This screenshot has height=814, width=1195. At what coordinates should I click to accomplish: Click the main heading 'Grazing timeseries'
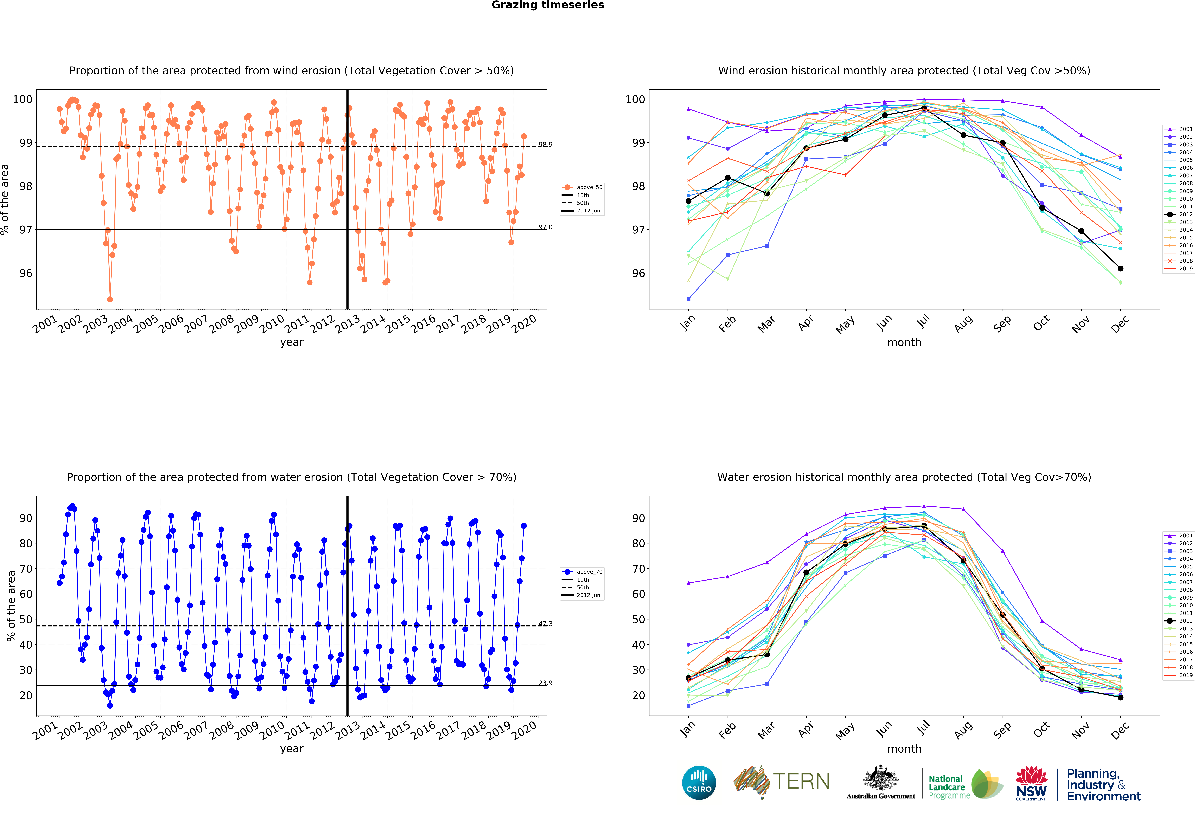point(548,5)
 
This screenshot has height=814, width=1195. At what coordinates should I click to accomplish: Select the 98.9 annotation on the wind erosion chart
point(545,144)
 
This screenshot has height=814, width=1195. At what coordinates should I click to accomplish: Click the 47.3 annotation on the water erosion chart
point(545,623)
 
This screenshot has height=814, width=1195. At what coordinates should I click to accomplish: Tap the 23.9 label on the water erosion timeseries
point(545,682)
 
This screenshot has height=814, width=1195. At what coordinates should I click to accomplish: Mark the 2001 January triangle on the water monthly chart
point(688,583)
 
